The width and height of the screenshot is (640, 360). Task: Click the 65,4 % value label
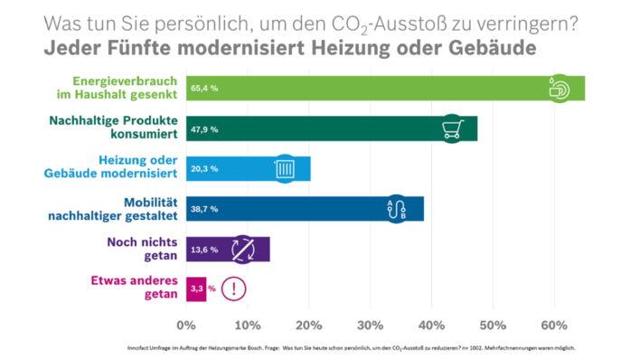204,89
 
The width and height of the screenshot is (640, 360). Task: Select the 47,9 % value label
204,129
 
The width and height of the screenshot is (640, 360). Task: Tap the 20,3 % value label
204,169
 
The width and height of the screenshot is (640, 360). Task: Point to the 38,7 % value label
204,209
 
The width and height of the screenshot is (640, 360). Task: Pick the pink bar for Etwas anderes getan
196,289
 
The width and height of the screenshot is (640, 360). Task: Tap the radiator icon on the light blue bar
284,169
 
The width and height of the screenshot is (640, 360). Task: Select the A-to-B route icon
396,209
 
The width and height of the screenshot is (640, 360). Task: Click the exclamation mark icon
234,289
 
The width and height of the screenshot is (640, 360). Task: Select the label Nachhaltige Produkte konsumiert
125,129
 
